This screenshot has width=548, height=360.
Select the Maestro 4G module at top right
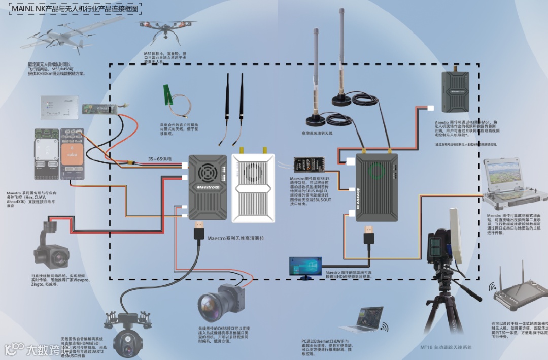click(458, 91)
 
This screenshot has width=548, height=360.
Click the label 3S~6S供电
click(159, 159)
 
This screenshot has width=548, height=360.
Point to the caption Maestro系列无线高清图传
click(236, 238)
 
